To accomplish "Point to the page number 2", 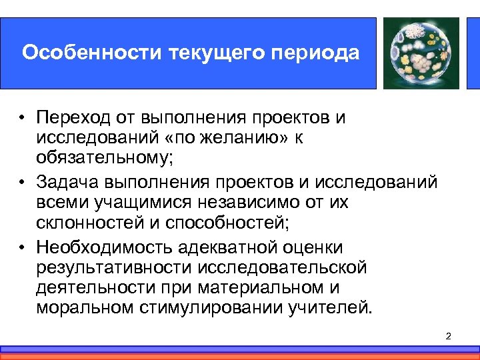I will [x=448, y=335].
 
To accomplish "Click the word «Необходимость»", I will [x=104, y=247].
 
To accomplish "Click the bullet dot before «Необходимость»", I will [x=22, y=247].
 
